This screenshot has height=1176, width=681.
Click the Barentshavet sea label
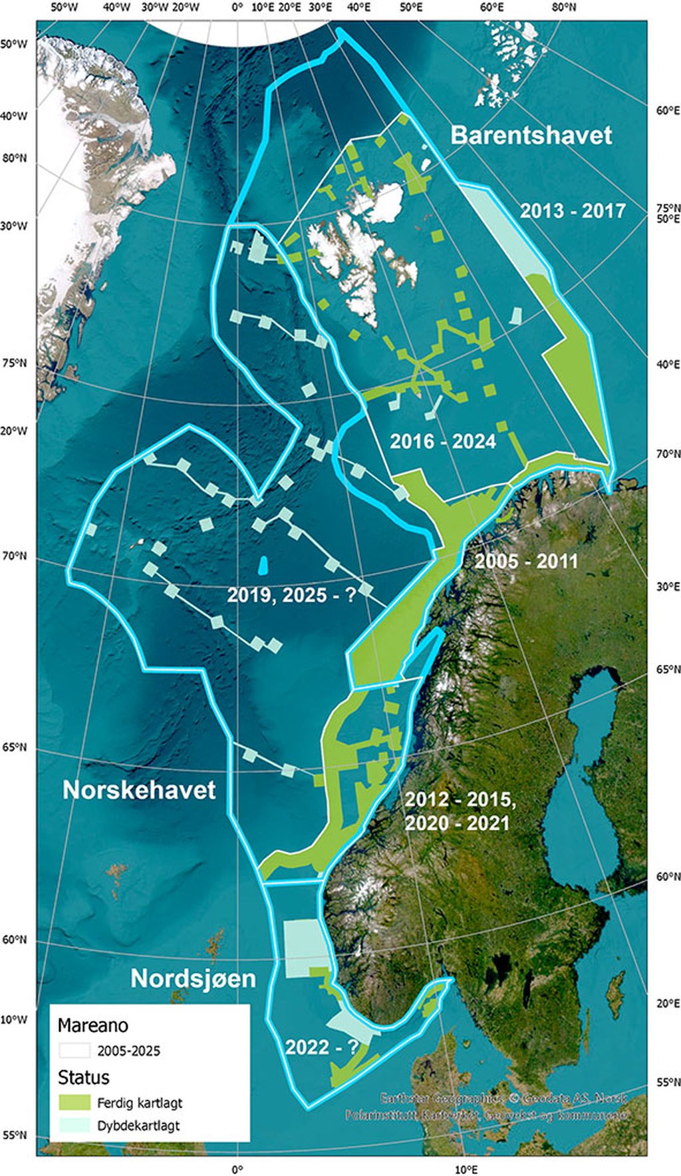(x=531, y=135)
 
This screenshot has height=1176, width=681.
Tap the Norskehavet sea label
(x=139, y=790)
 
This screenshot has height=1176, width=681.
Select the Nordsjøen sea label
(x=193, y=978)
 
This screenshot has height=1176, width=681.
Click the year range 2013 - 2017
(x=573, y=211)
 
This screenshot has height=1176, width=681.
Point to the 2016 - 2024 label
(x=442, y=441)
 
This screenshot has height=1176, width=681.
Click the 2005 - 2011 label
(x=526, y=561)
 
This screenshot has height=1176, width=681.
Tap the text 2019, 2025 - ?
(x=291, y=594)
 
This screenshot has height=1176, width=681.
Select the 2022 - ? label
(x=321, y=1047)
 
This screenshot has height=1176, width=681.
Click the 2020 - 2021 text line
(x=457, y=823)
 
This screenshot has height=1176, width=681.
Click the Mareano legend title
(x=92, y=1025)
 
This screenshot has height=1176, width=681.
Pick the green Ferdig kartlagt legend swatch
(x=74, y=1102)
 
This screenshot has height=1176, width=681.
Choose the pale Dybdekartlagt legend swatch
(x=74, y=1125)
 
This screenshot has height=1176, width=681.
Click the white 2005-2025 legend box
(x=74, y=1050)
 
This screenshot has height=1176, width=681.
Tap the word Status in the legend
(x=83, y=1077)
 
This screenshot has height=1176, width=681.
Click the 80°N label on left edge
(x=15, y=158)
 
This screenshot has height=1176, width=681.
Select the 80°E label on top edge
(x=563, y=7)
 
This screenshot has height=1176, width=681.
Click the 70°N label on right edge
(x=668, y=454)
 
